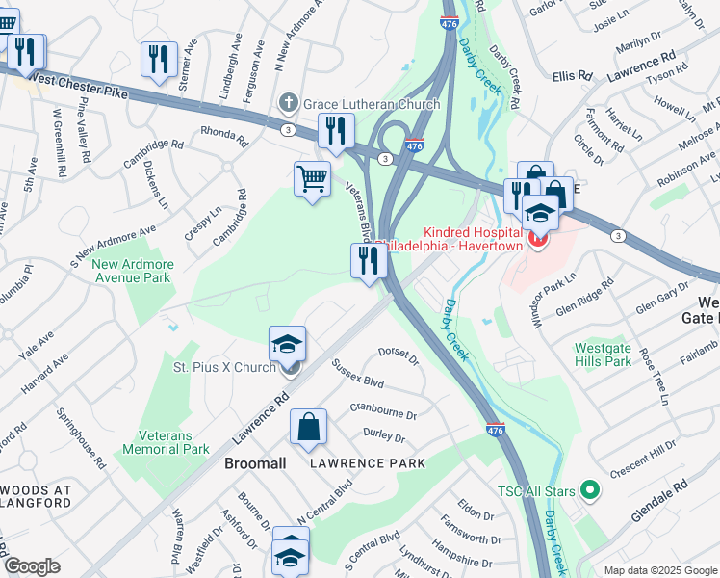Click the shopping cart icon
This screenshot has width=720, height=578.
pos(312,179)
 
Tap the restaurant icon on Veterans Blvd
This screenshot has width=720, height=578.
pos(368,261)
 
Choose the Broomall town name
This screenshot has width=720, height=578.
pos(255,463)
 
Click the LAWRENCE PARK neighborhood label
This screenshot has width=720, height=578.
pos(368,463)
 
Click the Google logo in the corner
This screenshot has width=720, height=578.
pos(32,566)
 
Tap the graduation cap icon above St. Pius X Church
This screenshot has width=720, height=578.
pos(287,342)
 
